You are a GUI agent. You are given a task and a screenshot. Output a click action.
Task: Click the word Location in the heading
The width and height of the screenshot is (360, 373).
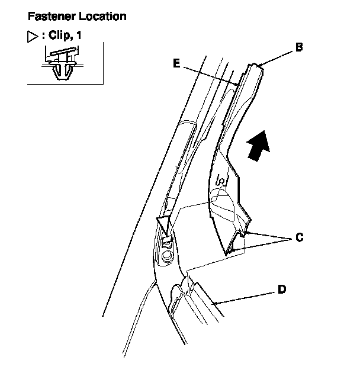click(101, 16)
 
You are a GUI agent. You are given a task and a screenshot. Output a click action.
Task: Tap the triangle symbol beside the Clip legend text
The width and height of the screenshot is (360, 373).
click(33, 36)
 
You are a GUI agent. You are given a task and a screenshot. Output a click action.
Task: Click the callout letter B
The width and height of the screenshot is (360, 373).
click(299, 47)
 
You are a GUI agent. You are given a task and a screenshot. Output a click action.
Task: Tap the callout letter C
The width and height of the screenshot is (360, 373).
click(299, 237)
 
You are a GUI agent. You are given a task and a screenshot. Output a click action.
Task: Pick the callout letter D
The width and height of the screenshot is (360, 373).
click(282, 290)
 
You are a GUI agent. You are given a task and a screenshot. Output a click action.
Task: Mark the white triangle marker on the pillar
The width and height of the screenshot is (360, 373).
click(163, 223)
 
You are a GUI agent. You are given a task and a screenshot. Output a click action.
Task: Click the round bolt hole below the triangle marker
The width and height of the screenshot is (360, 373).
click(168, 256)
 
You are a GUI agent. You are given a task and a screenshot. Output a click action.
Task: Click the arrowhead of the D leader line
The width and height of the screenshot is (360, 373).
click(214, 303)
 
